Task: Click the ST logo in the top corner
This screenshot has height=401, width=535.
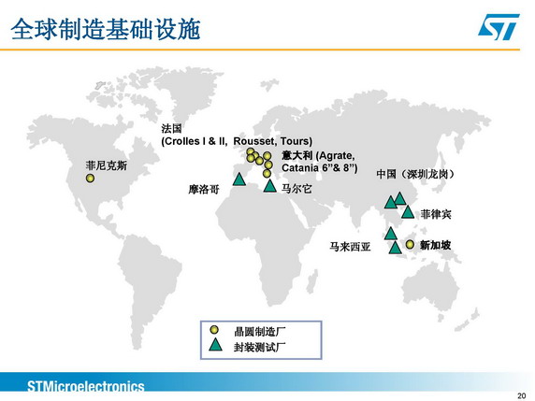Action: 499,26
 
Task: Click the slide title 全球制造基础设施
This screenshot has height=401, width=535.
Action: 106,29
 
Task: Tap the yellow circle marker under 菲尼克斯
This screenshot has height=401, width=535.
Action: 90,178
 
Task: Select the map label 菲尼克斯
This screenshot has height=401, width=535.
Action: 107,165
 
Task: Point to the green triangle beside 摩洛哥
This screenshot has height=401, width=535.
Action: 239,179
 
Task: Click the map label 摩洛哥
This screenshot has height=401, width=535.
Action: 204,189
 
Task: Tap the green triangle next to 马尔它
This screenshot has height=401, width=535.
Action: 270,186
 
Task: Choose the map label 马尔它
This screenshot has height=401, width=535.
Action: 296,188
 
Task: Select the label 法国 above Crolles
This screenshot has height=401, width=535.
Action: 171,129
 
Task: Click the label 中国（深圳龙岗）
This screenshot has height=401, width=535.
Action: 415,174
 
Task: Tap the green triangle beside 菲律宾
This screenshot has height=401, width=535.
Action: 408,212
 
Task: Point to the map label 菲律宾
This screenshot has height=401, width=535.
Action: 436,214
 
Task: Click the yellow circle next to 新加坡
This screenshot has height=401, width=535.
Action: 410,244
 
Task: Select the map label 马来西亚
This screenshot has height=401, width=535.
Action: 350,246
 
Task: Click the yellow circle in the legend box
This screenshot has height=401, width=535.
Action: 214,330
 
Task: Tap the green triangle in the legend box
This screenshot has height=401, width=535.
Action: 215,345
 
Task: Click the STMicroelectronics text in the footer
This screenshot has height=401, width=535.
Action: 86,387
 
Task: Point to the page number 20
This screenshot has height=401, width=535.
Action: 522,395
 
